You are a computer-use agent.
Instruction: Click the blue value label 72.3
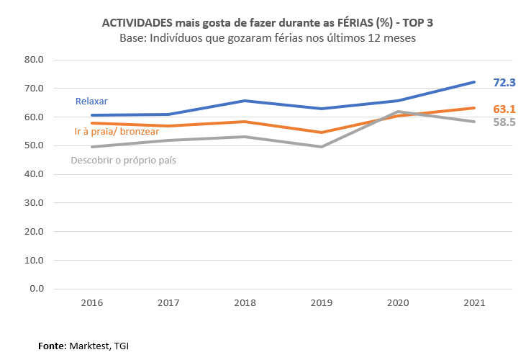pyautogui.click(x=504, y=83)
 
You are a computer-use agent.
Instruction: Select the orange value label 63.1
pyautogui.click(x=504, y=109)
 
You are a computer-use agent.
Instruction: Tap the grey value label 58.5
pyautogui.click(x=504, y=122)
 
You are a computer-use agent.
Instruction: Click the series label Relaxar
pyautogui.click(x=91, y=101)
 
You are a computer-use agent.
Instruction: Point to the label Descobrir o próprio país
pyautogui.click(x=123, y=161)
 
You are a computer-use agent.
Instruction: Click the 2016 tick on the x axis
pyautogui.click(x=92, y=303)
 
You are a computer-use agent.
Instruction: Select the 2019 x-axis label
pyautogui.click(x=322, y=303)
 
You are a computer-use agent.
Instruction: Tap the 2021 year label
pyautogui.click(x=474, y=303)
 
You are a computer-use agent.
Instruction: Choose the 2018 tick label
pyautogui.click(x=245, y=303)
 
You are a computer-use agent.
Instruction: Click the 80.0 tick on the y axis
pyautogui.click(x=34, y=60)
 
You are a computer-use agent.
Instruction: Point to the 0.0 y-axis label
pyautogui.click(x=37, y=289)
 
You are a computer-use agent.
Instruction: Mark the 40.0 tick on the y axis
pyautogui.click(x=34, y=174)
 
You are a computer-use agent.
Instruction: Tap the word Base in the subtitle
pyautogui.click(x=132, y=37)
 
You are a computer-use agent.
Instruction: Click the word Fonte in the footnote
pyautogui.click(x=52, y=346)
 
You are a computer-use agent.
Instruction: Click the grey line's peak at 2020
pyautogui.click(x=398, y=112)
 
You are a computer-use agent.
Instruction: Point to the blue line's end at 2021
pyautogui.click(x=474, y=82)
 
